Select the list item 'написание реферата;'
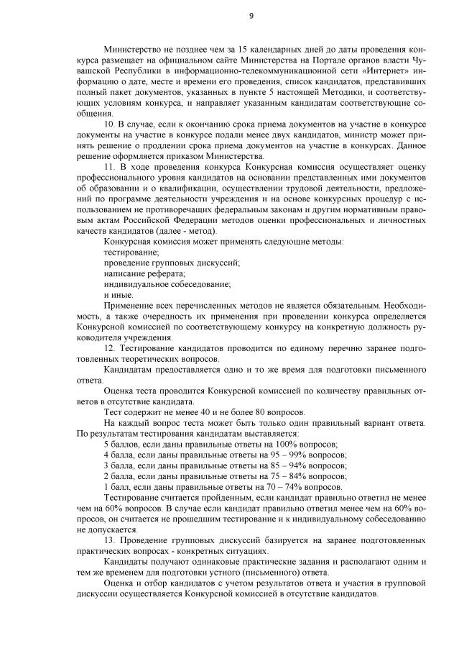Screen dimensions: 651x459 [144, 273]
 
